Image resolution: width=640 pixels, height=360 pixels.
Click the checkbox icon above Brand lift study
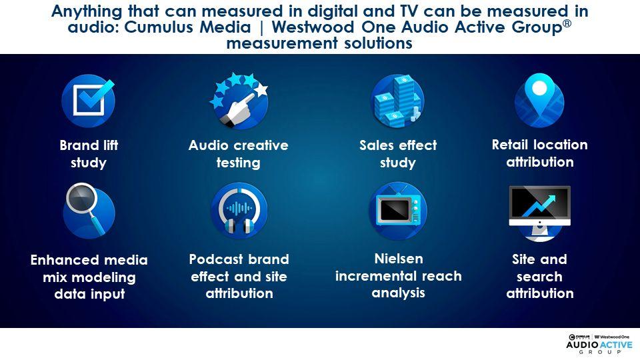tap(88, 101)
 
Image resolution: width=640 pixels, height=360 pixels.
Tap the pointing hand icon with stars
tap(239, 101)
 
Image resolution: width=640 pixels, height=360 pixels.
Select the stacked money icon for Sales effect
tap(397, 101)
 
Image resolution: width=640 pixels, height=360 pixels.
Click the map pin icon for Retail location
tap(539, 101)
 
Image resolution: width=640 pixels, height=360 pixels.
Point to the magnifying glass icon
tap(89, 211)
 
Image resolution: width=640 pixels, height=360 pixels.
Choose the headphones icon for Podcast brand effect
tap(239, 210)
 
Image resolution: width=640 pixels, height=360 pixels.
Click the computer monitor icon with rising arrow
tap(539, 213)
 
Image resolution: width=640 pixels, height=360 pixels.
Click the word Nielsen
tap(399, 259)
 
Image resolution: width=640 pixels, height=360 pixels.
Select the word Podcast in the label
tap(216, 259)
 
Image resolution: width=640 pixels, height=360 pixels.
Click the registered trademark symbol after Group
tap(567, 23)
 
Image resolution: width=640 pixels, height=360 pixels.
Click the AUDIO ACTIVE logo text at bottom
tap(599, 345)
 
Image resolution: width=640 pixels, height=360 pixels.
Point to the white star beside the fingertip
tap(261, 89)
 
